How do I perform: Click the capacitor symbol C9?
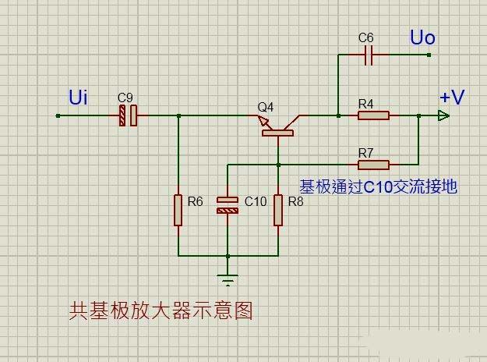(x=128, y=116)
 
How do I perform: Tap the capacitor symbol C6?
(x=370, y=55)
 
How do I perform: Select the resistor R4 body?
(x=373, y=116)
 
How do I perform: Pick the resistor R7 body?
(x=373, y=165)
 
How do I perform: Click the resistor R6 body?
(x=178, y=210)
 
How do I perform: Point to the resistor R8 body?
(x=277, y=210)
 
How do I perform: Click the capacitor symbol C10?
(x=228, y=205)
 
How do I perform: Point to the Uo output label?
(x=422, y=37)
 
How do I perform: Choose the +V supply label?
(x=451, y=97)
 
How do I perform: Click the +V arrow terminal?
(x=443, y=116)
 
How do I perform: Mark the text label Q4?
(x=266, y=106)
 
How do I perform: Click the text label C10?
(x=256, y=201)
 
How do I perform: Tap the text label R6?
(x=195, y=201)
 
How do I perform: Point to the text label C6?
(x=366, y=37)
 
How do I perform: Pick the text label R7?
(x=366, y=151)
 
